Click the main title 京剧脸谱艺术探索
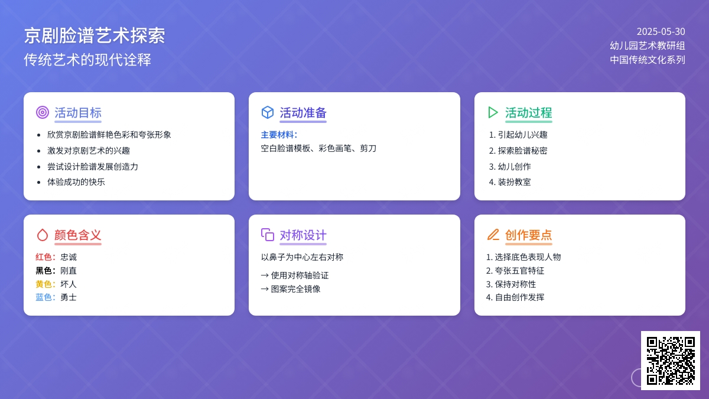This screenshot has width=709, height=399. click(95, 35)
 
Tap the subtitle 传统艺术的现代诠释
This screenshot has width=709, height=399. click(87, 60)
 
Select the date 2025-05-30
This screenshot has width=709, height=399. click(661, 32)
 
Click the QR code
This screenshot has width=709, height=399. click(671, 361)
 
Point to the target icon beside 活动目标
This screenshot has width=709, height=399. click(43, 112)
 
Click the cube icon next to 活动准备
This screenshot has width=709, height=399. click(268, 112)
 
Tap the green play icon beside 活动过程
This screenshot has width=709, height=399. click(493, 112)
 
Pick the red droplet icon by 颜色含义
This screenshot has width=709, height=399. click(43, 235)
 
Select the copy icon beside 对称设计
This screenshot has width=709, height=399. click(268, 235)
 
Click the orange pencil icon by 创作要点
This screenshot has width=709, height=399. click(493, 235)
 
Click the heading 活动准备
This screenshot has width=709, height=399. click(303, 113)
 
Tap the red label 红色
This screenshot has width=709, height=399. click(44, 257)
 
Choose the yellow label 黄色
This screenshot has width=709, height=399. click(44, 284)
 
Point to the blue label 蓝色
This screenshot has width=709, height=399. click(44, 297)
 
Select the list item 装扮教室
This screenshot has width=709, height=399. click(515, 182)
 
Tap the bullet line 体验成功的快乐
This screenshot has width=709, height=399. click(76, 182)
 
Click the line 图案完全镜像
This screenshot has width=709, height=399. click(295, 289)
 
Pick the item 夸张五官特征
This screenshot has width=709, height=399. click(519, 271)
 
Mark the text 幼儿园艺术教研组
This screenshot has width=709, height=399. click(648, 46)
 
